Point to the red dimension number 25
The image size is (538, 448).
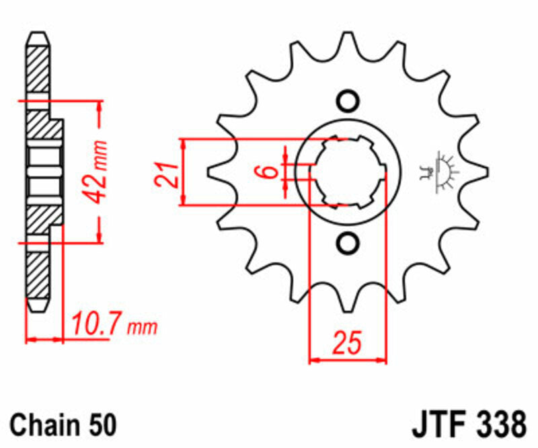pyautogui.click(x=347, y=343)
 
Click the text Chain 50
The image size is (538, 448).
pyautogui.click(x=64, y=425)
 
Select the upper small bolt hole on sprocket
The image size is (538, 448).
pyautogui.click(x=348, y=102)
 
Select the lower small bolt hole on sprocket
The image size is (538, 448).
pyautogui.click(x=348, y=243)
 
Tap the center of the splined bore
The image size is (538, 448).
pyautogui.click(x=348, y=172)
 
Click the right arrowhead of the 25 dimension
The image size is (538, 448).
pyautogui.click(x=383, y=361)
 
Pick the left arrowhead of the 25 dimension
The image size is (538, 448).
pyautogui.click(x=313, y=361)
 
